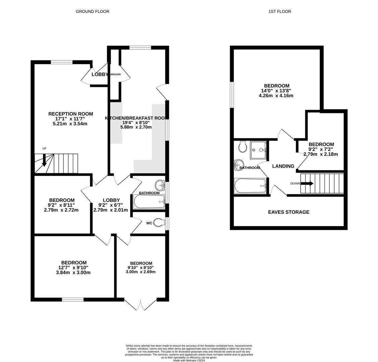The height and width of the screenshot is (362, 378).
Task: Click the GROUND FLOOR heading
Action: pyautogui.click(x=92, y=11)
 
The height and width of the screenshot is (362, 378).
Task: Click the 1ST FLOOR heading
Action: pyautogui.click(x=279, y=11)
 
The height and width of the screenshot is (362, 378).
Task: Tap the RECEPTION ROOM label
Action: pyautogui.click(x=70, y=114)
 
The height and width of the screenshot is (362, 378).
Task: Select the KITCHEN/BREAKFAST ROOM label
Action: pyautogui.click(x=137, y=118)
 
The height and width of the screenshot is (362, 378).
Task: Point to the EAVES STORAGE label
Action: pyautogui.click(x=288, y=212)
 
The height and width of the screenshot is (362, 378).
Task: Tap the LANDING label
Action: pyautogui.click(x=283, y=166)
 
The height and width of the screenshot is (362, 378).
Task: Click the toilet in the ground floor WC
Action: pyautogui.click(x=160, y=223)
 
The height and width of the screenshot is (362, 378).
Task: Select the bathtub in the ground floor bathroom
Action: pyautogui.click(x=149, y=202)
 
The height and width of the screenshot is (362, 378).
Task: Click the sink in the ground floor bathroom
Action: pyautogui.click(x=160, y=185)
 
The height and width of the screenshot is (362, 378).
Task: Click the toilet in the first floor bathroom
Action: pyautogui.click(x=243, y=146)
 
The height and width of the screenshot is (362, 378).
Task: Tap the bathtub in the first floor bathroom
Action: pyautogui.click(x=250, y=186)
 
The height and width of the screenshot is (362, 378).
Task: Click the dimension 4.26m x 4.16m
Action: pyautogui.click(x=276, y=96)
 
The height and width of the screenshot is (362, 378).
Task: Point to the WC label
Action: pyautogui.click(x=149, y=223)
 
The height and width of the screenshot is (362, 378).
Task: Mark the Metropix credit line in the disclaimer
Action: pyautogui.click(x=189, y=360)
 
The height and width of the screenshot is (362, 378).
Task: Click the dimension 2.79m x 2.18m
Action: pyautogui.click(x=321, y=154)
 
